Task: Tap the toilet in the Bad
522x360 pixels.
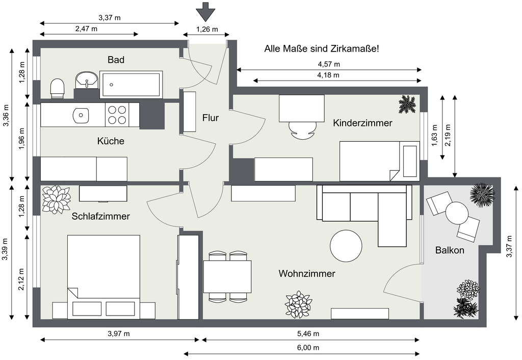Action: pos(58,88)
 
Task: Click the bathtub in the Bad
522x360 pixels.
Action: pos(131,84)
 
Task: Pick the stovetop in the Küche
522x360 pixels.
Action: pos(117,115)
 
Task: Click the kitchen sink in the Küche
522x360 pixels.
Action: pos(81,115)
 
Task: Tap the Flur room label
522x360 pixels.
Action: pos(210,118)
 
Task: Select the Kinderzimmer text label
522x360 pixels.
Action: pos(362,123)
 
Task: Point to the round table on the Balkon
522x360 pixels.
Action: pos(457,213)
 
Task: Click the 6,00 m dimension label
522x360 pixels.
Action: pos(308,348)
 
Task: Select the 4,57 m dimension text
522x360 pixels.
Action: pos(329,64)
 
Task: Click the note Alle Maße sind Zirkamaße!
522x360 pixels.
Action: pos(321,49)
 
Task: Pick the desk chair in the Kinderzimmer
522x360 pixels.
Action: pos(302,130)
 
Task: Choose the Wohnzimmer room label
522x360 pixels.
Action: pos(307,274)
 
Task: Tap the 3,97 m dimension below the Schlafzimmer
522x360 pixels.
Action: pos(119,334)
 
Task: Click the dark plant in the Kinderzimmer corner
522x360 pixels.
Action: pos(407,105)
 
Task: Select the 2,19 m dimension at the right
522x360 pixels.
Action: pos(448,136)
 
